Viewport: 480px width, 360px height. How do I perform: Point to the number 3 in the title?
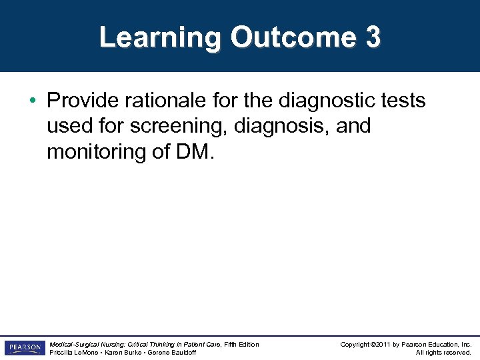(373, 37)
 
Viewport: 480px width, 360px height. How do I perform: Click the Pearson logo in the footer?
(23, 348)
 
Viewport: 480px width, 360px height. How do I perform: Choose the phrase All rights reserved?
(443, 353)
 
